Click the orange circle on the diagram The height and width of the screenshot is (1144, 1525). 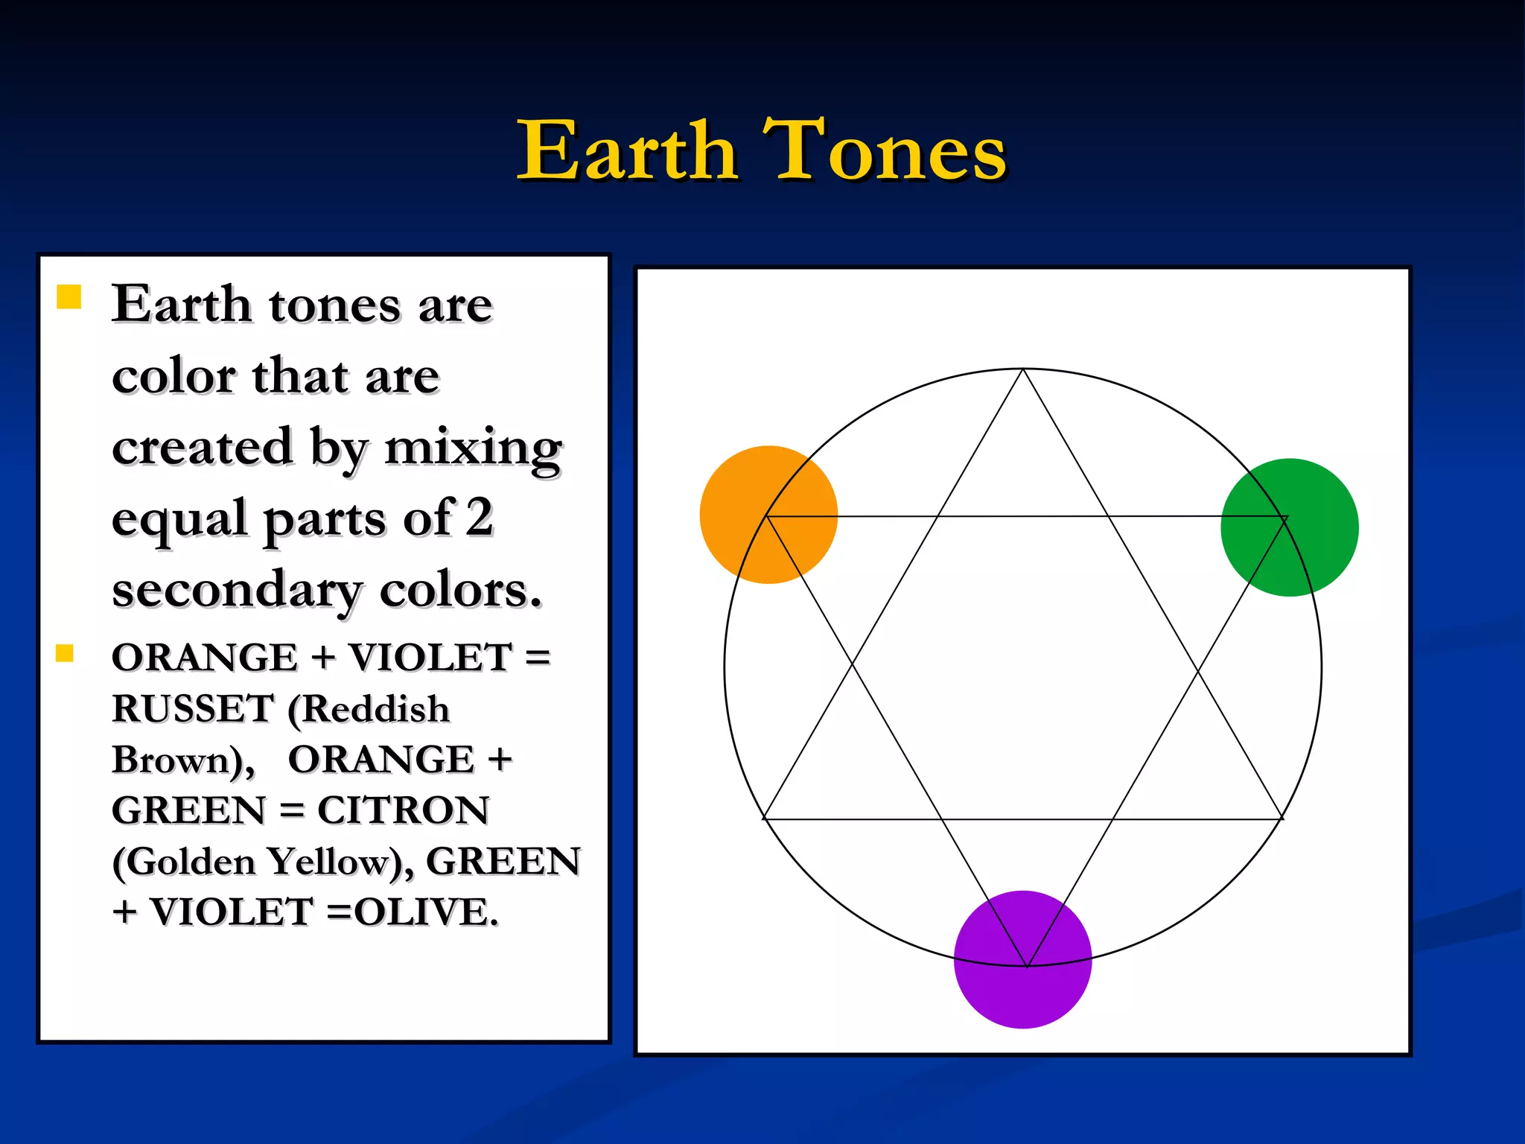(768, 515)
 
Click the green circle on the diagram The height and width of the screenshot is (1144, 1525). (1290, 527)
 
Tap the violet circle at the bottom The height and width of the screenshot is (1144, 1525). (1022, 959)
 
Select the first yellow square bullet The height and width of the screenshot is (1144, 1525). (69, 296)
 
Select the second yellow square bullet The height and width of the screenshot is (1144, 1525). (65, 653)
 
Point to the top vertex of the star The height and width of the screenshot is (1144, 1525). (1024, 369)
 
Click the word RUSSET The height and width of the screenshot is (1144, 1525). (193, 708)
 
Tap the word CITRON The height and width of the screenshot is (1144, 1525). (404, 810)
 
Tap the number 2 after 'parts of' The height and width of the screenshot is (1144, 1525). (480, 517)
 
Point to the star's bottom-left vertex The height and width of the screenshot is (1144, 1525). (764, 819)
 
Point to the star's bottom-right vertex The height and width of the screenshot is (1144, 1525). (1283, 819)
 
